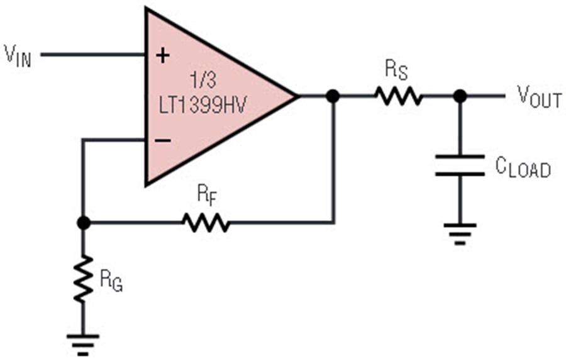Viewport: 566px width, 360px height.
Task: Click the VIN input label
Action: (x=18, y=56)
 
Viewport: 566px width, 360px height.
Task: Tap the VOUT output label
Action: (x=539, y=97)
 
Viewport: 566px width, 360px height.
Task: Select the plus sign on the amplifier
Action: (x=163, y=55)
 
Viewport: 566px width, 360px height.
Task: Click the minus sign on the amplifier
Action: (x=163, y=140)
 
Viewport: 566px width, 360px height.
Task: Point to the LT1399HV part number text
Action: (x=203, y=105)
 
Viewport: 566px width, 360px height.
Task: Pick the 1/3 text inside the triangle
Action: (x=203, y=79)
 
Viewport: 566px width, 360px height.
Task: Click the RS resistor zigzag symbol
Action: (x=398, y=96)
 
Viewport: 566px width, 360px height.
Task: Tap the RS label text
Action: (x=396, y=70)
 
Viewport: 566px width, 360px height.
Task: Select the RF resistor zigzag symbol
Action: (x=206, y=222)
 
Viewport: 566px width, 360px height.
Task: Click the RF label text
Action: (x=207, y=195)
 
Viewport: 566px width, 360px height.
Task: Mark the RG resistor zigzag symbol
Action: (x=84, y=278)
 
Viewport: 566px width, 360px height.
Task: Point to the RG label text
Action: (x=111, y=281)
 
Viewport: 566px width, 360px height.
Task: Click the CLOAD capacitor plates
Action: (x=460, y=166)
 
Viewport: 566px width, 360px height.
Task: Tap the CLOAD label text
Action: (x=523, y=167)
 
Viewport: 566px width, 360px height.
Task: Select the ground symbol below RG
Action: (x=83, y=345)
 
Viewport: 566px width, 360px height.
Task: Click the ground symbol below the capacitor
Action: (x=460, y=234)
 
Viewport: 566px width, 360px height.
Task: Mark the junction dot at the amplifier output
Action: (x=333, y=96)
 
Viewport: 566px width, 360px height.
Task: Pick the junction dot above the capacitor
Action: (x=460, y=96)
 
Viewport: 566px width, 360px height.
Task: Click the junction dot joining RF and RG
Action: (x=84, y=223)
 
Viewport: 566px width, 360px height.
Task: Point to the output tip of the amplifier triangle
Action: (x=298, y=96)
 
